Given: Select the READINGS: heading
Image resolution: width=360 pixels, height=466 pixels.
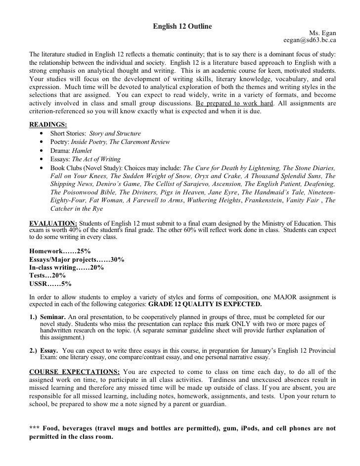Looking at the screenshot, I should pos(48,124).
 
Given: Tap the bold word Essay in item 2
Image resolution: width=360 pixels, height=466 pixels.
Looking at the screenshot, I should pos(49,349).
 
